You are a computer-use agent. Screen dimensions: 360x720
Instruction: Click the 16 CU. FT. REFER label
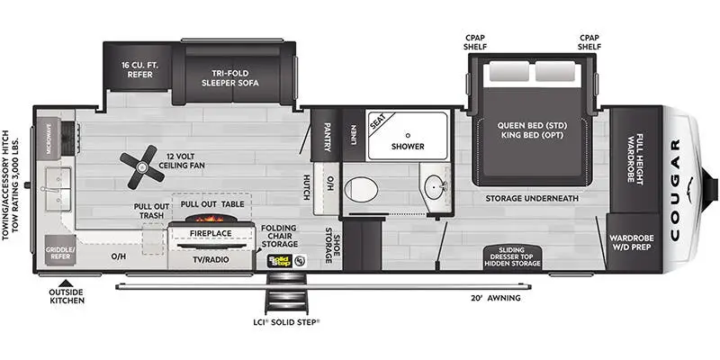[x=143, y=70]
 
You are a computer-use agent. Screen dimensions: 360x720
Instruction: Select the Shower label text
[x=408, y=145]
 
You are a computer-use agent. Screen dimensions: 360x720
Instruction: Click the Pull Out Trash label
[x=148, y=211]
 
